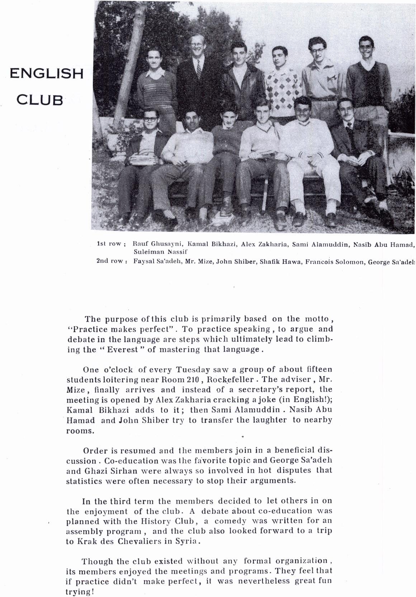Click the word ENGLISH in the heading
pyautogui.click(x=47, y=74)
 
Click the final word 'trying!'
pyautogui.click(x=80, y=592)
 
